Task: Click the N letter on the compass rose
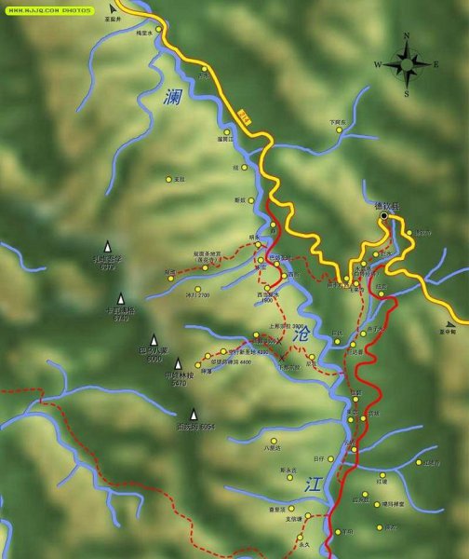pos(407,36)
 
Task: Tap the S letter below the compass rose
pos(407,93)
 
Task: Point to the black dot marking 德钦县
pos(383,216)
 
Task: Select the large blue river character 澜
pos(171,97)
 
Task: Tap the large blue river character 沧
pos(300,333)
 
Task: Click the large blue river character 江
pos(313,483)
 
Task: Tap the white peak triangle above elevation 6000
pos(154,340)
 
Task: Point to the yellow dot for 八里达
pos(274,441)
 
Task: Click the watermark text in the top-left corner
pos(50,9)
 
